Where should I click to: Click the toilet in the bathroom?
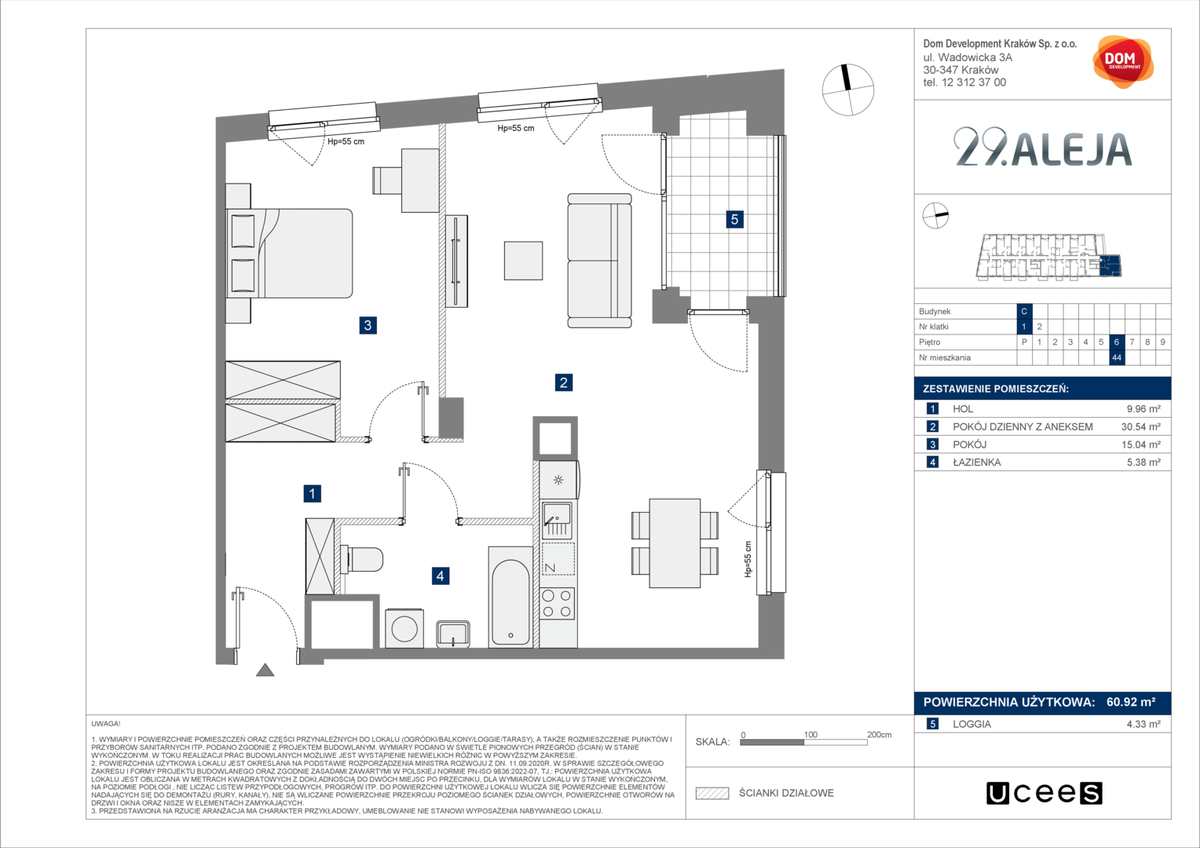click(x=362, y=560)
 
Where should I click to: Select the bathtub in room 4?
click(x=510, y=598)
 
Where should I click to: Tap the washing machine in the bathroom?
click(x=404, y=628)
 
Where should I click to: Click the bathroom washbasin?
click(x=453, y=634)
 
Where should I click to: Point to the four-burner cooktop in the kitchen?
click(x=557, y=603)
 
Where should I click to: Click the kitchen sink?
click(x=557, y=520)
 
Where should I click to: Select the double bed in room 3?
click(x=289, y=254)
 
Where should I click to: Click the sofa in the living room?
click(x=599, y=261)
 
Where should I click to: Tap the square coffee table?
click(x=523, y=261)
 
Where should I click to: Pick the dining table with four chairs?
click(x=675, y=543)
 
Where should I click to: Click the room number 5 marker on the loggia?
click(x=734, y=219)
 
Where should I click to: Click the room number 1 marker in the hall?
click(x=313, y=493)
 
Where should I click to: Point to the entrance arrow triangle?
click(x=265, y=670)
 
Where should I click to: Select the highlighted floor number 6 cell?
click(x=1117, y=342)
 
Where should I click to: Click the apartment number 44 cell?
click(x=1117, y=357)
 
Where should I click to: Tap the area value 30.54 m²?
click(x=1141, y=427)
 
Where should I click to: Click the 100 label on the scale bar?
click(x=810, y=734)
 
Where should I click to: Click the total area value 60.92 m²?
click(x=1131, y=702)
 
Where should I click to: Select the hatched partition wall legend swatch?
click(x=712, y=793)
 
